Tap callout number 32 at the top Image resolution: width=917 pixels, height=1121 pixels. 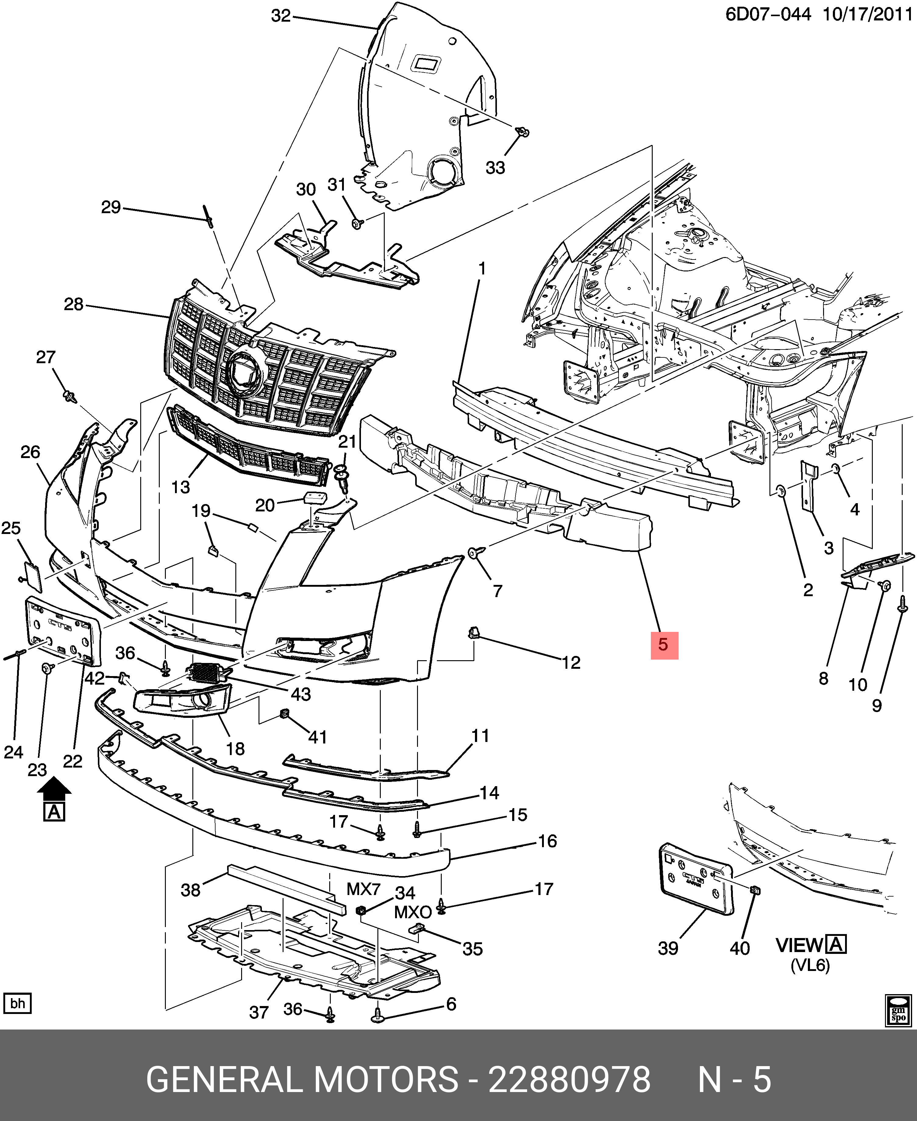pyautogui.click(x=281, y=16)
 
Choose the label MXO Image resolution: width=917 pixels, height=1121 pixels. pyautogui.click(x=412, y=912)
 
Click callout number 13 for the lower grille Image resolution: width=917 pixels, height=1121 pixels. pyautogui.click(x=181, y=486)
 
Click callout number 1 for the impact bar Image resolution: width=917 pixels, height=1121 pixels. pyautogui.click(x=482, y=269)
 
